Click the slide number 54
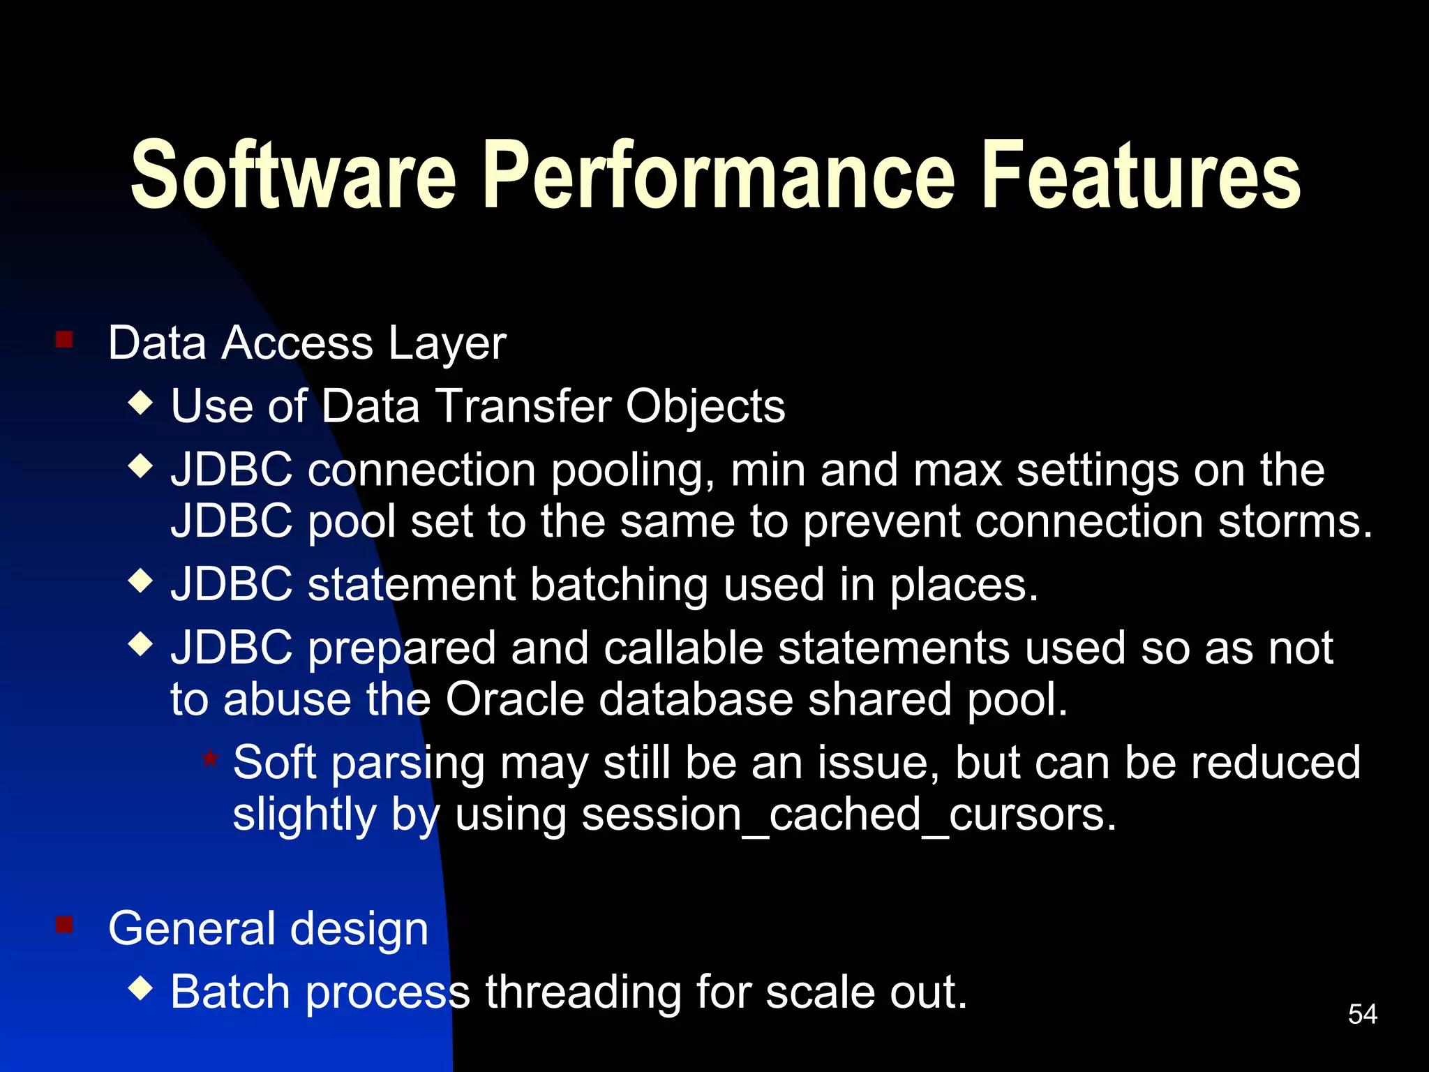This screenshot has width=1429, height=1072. point(1363,1014)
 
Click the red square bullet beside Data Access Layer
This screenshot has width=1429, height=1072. point(64,340)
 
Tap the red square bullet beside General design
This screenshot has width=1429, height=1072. point(64,925)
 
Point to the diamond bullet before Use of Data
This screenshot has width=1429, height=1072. point(141,403)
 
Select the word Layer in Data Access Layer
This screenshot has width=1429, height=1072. point(447,343)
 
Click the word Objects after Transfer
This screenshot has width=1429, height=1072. point(705,406)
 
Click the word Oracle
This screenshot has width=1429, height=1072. point(514,699)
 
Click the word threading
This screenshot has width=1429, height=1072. point(583,992)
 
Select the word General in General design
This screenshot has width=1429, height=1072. point(192,929)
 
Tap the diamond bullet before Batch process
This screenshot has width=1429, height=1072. point(141,988)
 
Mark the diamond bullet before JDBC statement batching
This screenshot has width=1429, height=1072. point(141,581)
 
